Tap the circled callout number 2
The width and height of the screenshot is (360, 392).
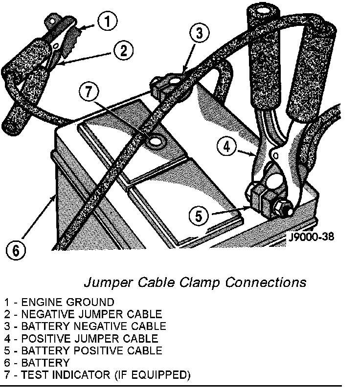coord(123,50)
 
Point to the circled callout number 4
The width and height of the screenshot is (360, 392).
coord(226,146)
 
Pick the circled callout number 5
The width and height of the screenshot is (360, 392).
coord(198,215)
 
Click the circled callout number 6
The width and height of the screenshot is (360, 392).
coord(16,250)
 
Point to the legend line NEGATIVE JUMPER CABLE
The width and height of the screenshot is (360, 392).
coord(89,314)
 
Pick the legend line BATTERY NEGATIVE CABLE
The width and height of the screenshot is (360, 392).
coord(91,326)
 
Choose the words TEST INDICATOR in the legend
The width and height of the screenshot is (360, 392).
coord(58,375)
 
